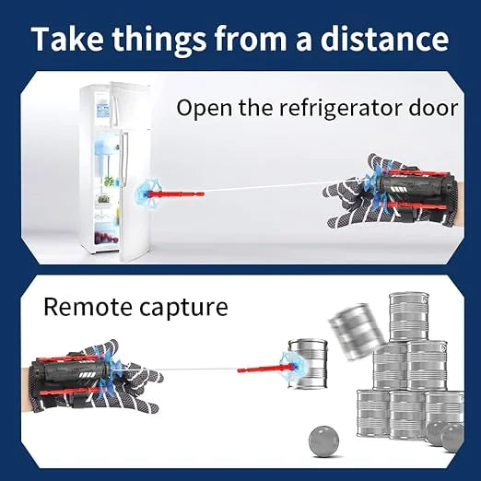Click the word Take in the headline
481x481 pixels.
coord(67,39)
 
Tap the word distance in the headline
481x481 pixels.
coord(384,39)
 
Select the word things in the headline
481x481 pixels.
coord(158,41)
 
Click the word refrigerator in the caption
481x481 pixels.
coord(340,109)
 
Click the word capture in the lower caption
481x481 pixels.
coord(183,309)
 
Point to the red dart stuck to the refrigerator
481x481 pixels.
coord(177,194)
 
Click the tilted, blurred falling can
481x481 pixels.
coord(357,331)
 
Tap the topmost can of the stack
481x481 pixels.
coord(409,317)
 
